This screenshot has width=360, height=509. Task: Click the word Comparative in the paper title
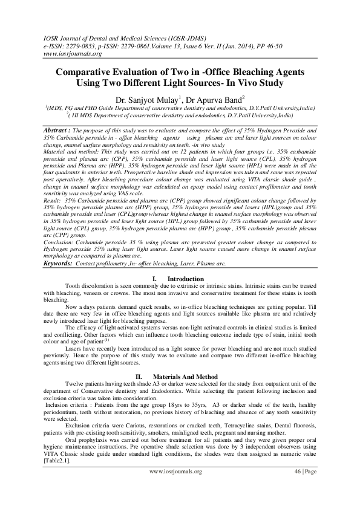86,71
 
